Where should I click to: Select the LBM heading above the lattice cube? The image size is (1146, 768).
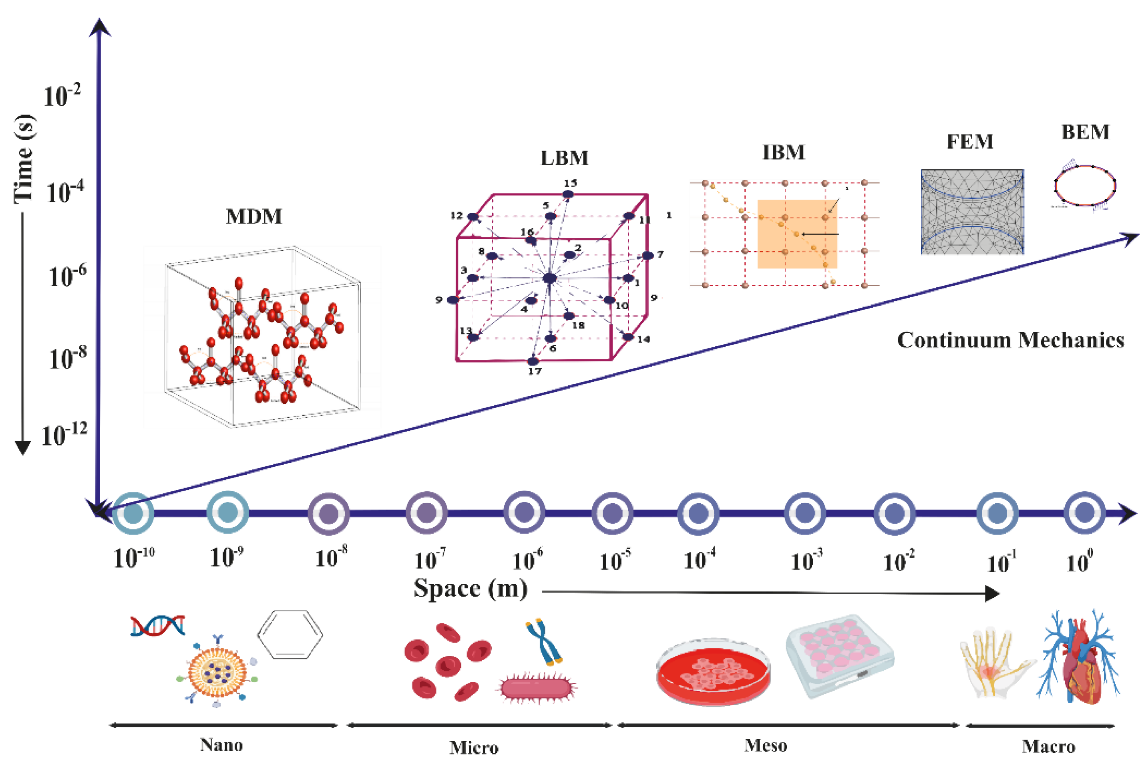[564, 158]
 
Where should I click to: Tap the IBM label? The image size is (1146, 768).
[783, 152]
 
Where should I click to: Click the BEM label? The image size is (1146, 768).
[1085, 132]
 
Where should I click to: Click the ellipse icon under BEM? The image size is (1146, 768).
[1084, 185]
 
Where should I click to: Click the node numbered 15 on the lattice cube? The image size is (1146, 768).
[567, 194]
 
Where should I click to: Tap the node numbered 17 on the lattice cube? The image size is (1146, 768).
[533, 361]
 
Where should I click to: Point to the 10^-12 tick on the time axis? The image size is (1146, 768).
[64, 434]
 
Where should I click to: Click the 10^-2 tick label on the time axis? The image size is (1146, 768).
[62, 95]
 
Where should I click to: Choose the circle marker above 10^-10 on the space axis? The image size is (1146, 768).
[133, 513]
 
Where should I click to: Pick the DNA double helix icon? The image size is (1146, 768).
[158, 626]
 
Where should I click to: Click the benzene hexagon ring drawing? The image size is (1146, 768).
[290, 634]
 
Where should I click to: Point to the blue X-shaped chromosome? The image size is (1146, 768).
[544, 641]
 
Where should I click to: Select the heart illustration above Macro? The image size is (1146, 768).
[1080, 659]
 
